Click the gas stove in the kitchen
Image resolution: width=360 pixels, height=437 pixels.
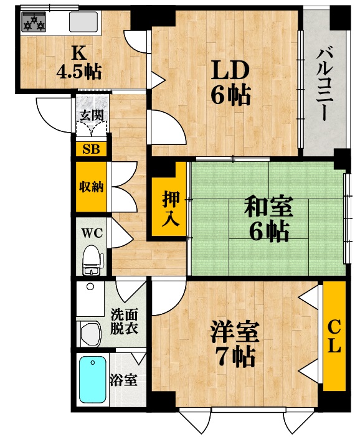34,22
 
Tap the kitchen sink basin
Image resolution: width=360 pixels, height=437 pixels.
82,22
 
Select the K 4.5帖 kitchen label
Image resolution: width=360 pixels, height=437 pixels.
78,63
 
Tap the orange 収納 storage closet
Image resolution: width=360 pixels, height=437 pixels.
91,187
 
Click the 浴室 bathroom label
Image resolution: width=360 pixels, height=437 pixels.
123,380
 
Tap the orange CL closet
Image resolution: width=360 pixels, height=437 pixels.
334,336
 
